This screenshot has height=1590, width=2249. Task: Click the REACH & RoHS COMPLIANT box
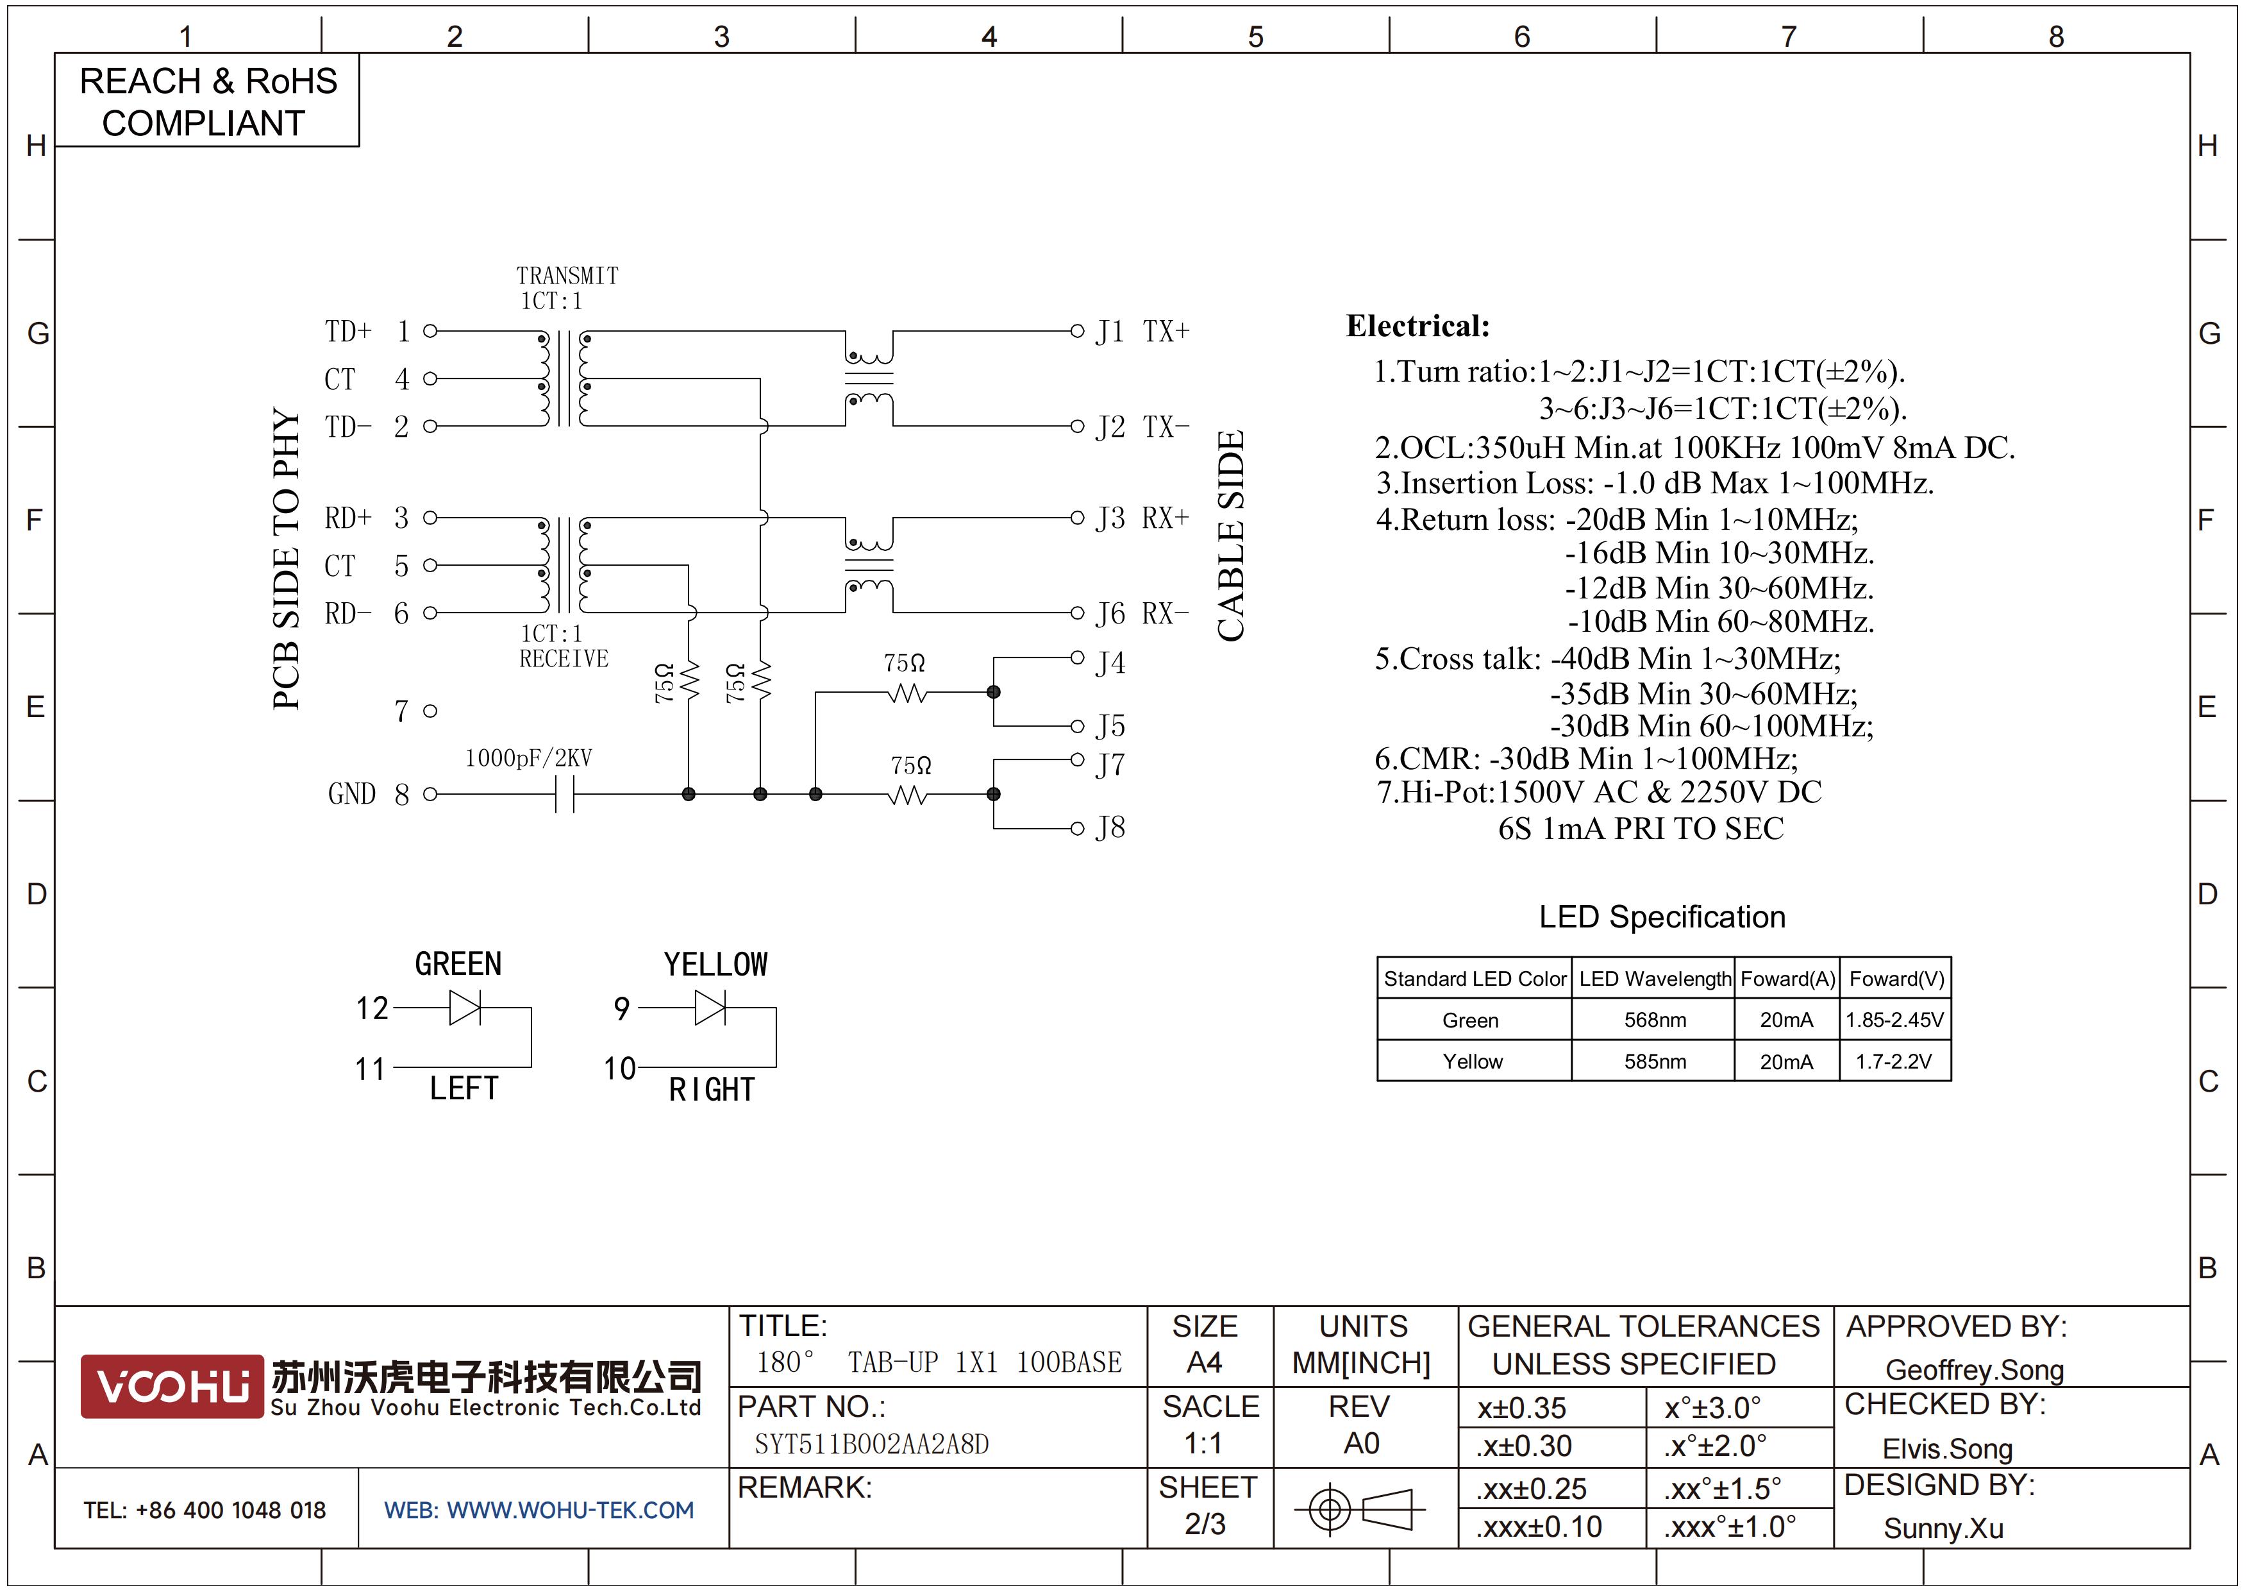click(x=206, y=101)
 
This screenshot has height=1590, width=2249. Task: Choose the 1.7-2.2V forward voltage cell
click(x=1894, y=1061)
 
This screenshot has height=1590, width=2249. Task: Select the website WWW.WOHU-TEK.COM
click(x=539, y=1510)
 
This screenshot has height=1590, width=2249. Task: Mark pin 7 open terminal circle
click(x=430, y=711)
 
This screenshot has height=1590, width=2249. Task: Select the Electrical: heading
click(x=1417, y=326)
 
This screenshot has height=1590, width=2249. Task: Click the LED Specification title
click(x=1662, y=917)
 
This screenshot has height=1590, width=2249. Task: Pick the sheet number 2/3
click(x=1205, y=1525)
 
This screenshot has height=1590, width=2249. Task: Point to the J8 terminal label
click(x=1110, y=828)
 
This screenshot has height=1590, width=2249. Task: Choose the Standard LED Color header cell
click(x=1475, y=979)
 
